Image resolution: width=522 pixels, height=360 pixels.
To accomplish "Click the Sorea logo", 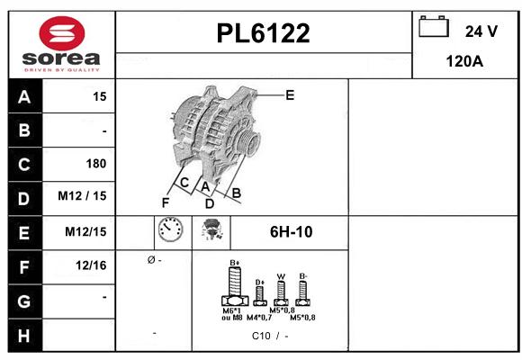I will tap(60, 42).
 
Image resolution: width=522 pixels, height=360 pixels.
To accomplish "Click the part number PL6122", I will tap(264, 33).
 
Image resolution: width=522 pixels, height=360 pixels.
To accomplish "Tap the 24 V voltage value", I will tap(481, 31).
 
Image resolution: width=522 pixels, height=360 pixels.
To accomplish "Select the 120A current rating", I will tap(465, 61).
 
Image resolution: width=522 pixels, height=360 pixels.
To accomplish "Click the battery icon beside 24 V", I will tap(434, 28).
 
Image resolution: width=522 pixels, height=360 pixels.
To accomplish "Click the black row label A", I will tap(24, 96).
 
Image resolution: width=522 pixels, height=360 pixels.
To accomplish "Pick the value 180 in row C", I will tap(95, 164).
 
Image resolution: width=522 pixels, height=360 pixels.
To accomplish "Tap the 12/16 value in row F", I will tap(91, 265).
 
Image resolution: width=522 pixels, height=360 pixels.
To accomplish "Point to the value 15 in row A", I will tap(99, 96).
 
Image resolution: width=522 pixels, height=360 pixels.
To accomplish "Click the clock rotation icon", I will tap(169, 231).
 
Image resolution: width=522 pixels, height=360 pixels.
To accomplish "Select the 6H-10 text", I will tap(291, 232).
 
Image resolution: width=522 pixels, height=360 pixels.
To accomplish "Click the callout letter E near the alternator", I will tap(289, 94).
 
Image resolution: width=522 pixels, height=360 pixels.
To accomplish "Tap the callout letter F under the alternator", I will tap(165, 202).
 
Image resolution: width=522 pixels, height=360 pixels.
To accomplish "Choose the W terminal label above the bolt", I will tap(281, 276).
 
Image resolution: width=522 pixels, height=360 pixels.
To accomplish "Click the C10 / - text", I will tap(269, 336).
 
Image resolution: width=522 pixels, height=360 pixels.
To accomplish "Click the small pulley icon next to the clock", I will tap(212, 231).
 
